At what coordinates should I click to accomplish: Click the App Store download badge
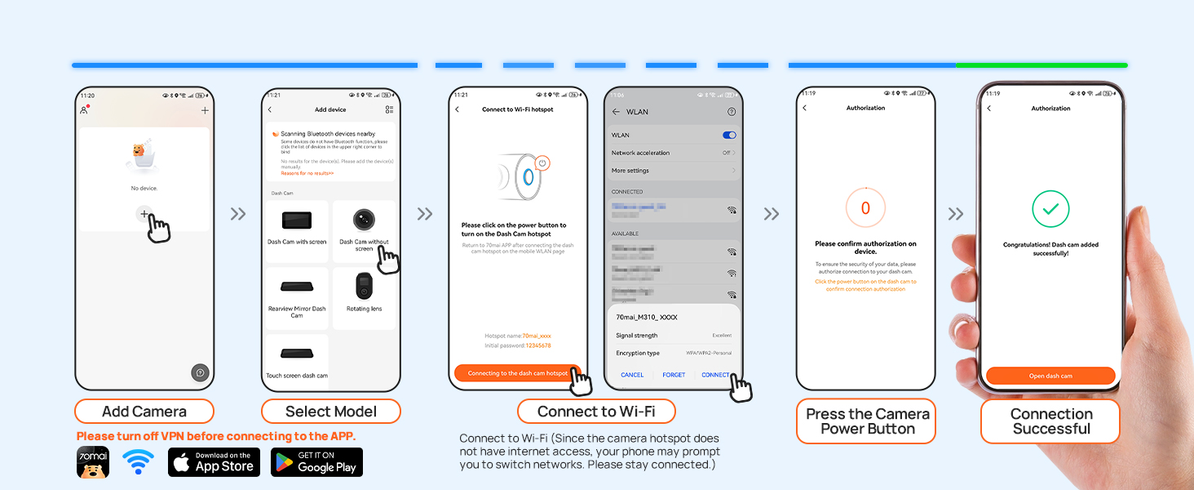coord(214,462)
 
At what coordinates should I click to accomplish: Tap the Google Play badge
coord(316,462)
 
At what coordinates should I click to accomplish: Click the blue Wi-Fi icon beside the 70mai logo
coord(138,461)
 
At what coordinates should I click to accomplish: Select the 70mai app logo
coord(92,462)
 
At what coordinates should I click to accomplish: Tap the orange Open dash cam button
coord(1050,376)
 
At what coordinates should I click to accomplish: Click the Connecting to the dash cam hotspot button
coord(518,373)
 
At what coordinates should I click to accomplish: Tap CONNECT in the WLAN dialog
coord(715,375)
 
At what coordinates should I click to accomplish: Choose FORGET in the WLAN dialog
coord(674,375)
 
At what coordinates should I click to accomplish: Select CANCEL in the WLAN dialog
coord(632,375)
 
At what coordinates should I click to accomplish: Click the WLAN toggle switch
coord(729,136)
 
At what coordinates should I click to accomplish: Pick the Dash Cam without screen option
coord(364,230)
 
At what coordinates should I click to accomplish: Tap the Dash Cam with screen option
coord(297,230)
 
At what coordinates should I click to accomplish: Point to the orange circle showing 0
coord(865,208)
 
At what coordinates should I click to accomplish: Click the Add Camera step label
coord(144,412)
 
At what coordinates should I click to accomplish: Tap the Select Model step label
coord(331,412)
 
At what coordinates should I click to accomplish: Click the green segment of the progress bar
coord(1041,65)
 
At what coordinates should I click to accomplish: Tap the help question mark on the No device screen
coord(200,372)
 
